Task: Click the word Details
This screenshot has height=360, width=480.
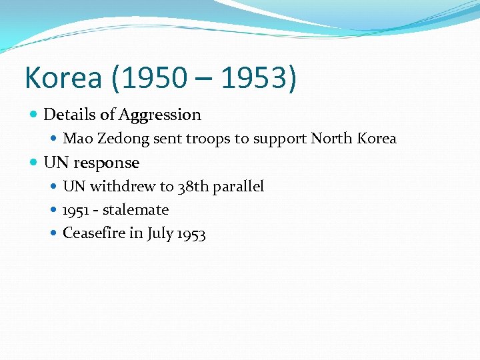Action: tap(70, 115)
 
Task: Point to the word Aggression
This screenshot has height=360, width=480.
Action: tap(159, 115)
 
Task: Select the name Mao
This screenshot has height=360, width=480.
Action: tap(75, 139)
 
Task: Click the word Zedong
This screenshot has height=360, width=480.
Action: tap(116, 139)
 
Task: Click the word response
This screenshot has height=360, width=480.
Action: tap(107, 163)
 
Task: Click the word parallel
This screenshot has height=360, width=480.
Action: tap(238, 187)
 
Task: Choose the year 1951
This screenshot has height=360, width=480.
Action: tap(75, 210)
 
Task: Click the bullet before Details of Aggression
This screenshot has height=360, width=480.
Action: tap(34, 115)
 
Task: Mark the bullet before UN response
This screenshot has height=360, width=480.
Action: tap(34, 163)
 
